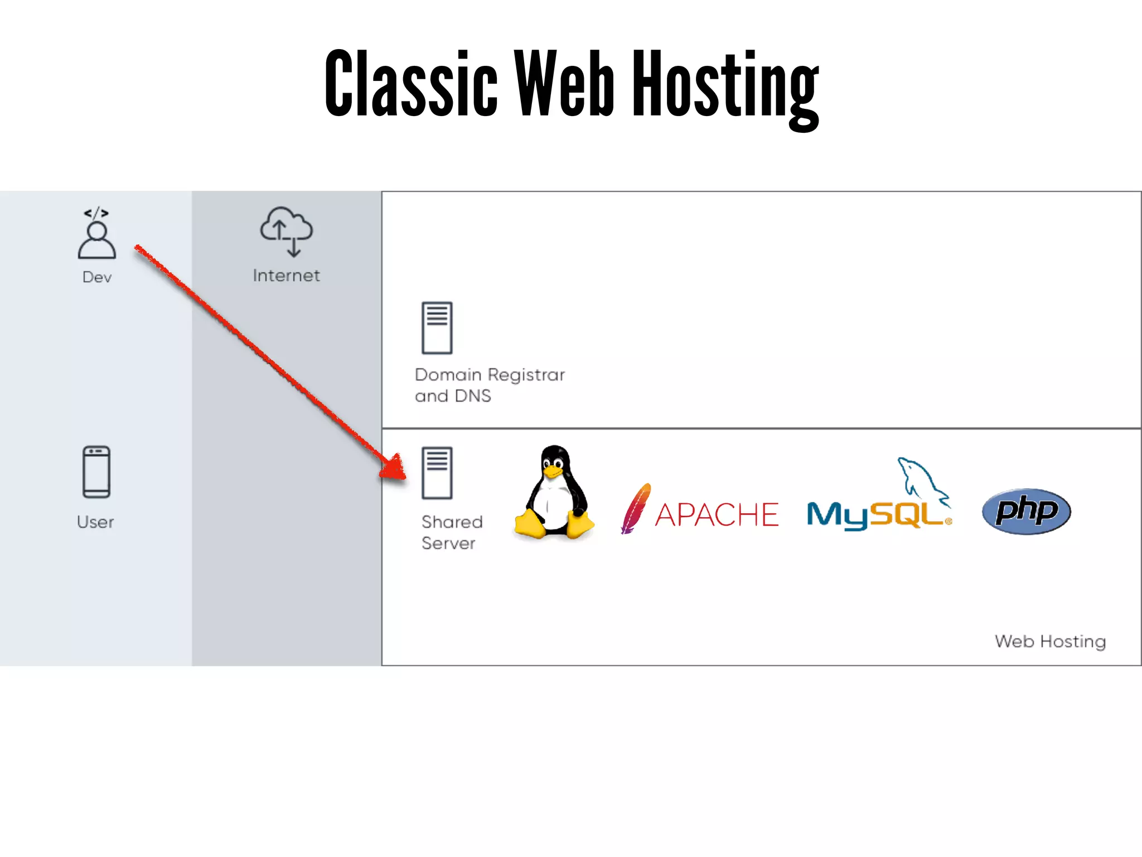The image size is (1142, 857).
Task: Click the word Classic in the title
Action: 411,84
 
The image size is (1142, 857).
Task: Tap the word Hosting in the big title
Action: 725,86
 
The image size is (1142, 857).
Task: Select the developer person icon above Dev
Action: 97,234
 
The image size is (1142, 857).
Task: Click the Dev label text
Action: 97,277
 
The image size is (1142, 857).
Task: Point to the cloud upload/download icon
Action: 287,231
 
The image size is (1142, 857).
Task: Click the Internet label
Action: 286,276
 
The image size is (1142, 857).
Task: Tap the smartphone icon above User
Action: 96,471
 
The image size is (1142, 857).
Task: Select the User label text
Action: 95,522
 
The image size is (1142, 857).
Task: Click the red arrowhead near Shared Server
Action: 395,468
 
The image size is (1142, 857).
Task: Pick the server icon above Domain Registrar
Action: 437,328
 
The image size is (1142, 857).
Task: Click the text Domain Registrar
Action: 490,375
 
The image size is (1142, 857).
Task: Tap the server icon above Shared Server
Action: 437,473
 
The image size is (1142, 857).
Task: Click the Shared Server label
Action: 451,532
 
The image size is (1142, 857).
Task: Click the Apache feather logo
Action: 636,508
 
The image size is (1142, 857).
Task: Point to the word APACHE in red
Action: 717,514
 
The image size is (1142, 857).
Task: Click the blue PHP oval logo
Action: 1026,511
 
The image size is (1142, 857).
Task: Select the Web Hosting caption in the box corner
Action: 1050,642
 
